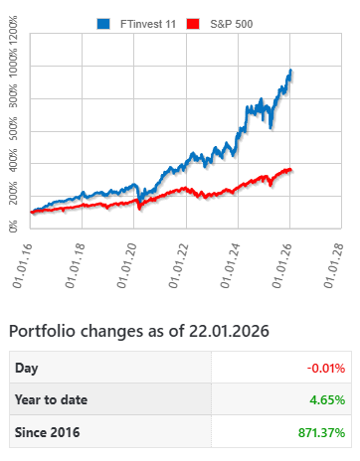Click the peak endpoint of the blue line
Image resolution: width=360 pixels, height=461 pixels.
[x=290, y=70]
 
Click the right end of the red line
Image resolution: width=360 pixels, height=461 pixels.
[x=290, y=169]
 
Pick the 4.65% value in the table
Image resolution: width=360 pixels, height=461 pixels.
[x=328, y=400]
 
